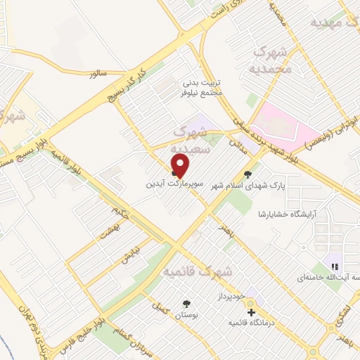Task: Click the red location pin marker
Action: [x=181, y=166]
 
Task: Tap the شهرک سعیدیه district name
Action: [x=196, y=140]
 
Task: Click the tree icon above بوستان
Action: [x=186, y=304]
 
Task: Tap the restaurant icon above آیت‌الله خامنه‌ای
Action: [x=335, y=266]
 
